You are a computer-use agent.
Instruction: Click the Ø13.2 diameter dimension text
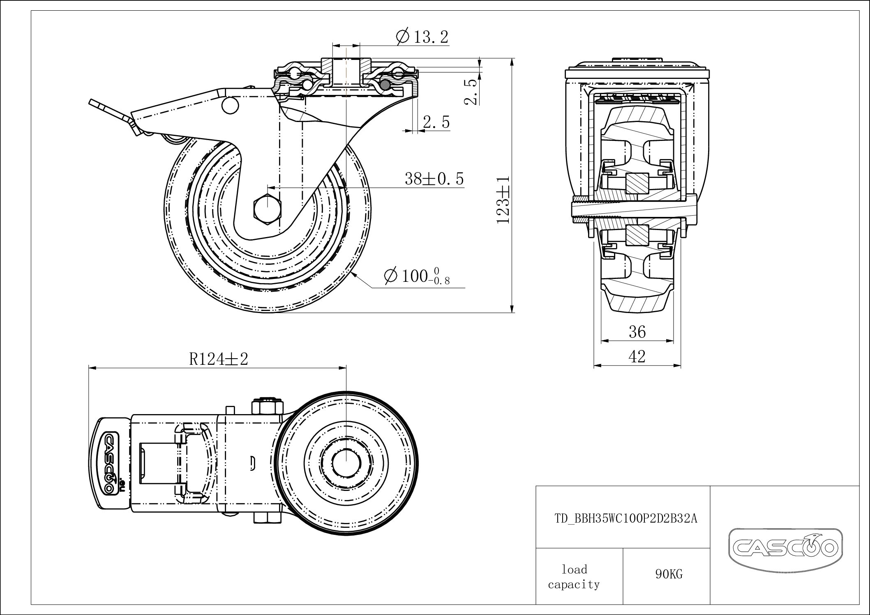(x=422, y=37)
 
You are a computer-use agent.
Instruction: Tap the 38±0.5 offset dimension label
(x=434, y=179)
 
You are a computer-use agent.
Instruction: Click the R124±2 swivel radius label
(x=218, y=359)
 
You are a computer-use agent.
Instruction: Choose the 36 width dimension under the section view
(x=637, y=332)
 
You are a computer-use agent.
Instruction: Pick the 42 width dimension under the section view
(x=637, y=356)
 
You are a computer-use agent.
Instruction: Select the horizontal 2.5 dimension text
(x=436, y=122)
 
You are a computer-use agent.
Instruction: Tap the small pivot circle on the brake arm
(x=229, y=105)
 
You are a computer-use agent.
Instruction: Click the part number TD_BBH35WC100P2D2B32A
(x=625, y=518)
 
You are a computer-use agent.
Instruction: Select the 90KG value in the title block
(x=669, y=574)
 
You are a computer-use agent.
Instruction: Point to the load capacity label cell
(x=574, y=576)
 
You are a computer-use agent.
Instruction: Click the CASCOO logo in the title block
(x=785, y=546)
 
